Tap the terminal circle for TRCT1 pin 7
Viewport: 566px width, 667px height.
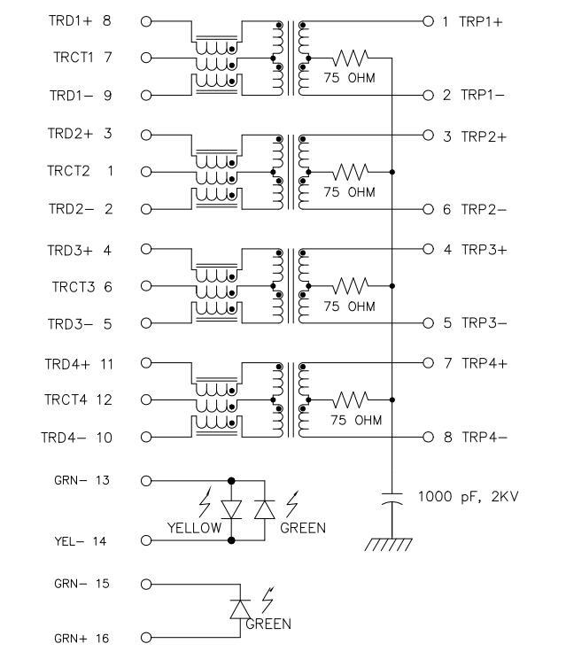point(146,58)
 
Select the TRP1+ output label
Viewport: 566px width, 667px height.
point(481,20)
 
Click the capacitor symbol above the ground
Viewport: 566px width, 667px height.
point(392,500)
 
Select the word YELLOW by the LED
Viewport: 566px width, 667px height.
point(194,528)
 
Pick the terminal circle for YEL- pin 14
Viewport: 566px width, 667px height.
point(146,540)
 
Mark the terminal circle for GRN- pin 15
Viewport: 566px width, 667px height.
point(146,585)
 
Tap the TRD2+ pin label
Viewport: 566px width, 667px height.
point(69,134)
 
